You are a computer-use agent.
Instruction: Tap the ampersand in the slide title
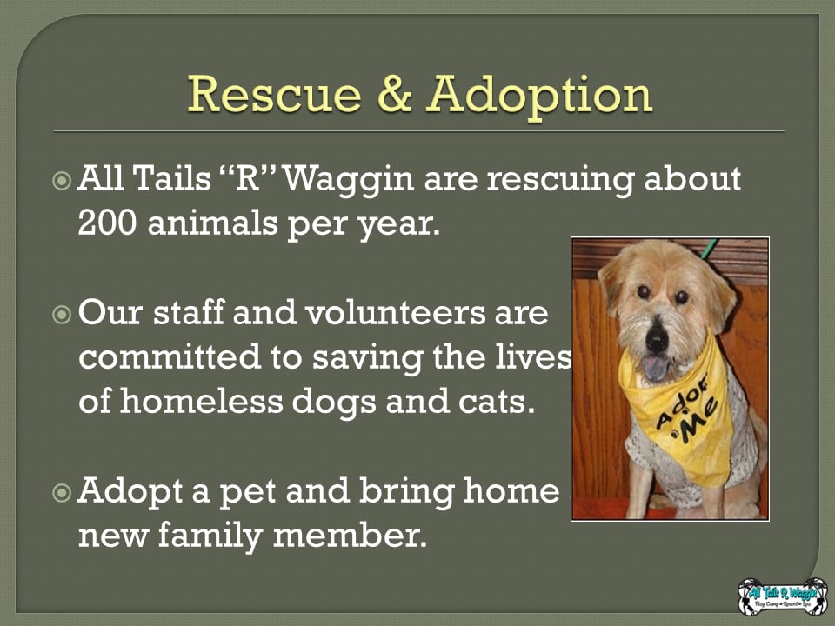coord(395,94)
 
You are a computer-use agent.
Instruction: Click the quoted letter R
coord(246,178)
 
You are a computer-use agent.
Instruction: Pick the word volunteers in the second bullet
coord(395,312)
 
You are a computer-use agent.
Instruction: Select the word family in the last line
coord(210,536)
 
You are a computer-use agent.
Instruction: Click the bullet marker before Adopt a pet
coord(62,493)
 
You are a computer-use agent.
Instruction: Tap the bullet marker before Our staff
coord(62,315)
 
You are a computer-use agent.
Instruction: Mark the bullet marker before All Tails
coord(62,181)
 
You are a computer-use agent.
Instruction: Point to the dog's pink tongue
coord(655,368)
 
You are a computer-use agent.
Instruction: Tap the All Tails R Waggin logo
coord(782,596)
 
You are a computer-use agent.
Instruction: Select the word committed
coord(170,356)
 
